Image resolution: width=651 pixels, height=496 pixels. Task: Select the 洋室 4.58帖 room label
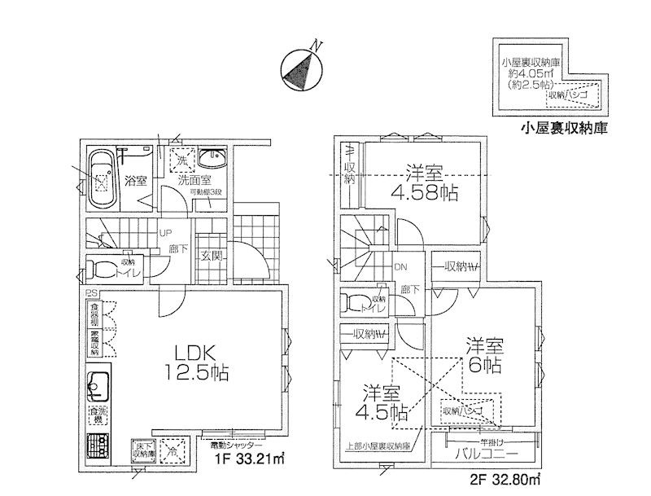point(423,183)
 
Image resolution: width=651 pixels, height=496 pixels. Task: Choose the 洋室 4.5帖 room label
point(385,401)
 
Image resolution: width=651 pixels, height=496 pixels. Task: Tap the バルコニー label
point(486,453)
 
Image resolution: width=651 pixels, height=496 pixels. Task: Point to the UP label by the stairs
point(164,231)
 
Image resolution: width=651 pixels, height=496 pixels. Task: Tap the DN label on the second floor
point(400,266)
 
